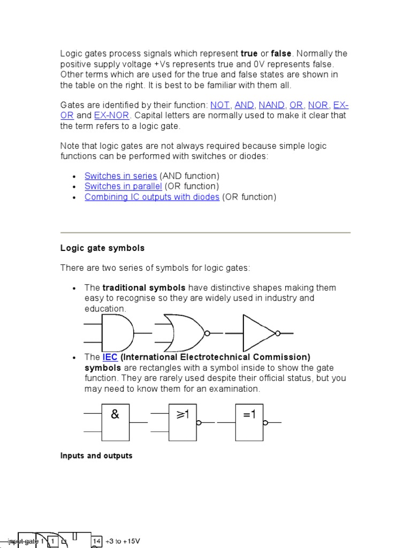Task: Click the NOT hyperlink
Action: (220, 105)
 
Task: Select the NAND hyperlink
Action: (271, 105)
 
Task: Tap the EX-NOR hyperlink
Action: (111, 116)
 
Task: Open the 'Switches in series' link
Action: (120, 176)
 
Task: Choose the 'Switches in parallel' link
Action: (123, 186)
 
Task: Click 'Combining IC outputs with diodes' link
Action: (152, 197)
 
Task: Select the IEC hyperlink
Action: (110, 357)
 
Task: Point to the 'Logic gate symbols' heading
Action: (102, 248)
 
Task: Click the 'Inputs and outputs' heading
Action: (96, 456)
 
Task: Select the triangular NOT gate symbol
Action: (259, 333)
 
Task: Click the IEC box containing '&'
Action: (115, 422)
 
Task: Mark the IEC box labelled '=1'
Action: (249, 422)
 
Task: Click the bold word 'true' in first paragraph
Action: (249, 54)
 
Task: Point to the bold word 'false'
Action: (281, 54)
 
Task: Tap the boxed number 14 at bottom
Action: (96, 541)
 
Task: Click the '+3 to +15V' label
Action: (123, 541)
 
